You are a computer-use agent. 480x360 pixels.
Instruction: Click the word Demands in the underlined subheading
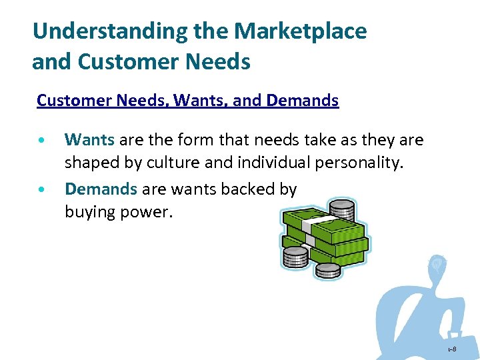(302, 101)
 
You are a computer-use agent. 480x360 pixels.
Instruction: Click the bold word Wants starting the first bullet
(89, 139)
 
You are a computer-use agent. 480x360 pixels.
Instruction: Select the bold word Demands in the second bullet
(101, 189)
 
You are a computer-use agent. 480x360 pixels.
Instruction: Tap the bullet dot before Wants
(43, 141)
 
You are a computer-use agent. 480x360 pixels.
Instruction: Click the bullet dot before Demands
(43, 191)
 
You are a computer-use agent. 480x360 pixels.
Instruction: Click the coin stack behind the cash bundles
(342, 208)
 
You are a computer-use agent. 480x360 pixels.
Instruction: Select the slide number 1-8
(451, 349)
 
